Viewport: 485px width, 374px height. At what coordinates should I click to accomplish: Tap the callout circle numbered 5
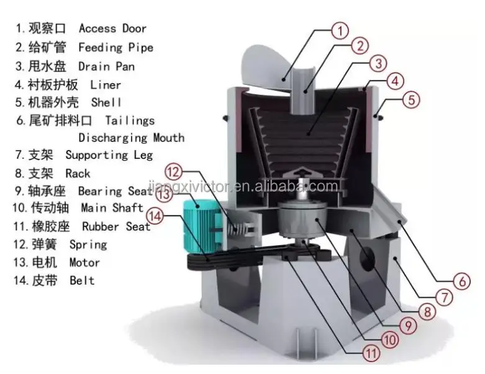click(413, 99)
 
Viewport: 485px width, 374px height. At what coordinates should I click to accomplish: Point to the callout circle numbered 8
click(426, 311)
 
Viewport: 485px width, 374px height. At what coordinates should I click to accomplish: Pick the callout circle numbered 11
click(370, 354)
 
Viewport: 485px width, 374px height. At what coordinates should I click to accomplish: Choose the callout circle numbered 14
click(155, 217)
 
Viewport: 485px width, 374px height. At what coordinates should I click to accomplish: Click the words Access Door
click(112, 29)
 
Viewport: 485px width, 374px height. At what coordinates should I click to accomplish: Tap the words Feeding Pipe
click(116, 47)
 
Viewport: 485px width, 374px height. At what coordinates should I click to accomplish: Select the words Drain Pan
click(106, 66)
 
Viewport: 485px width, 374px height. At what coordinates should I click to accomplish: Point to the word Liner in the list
click(106, 84)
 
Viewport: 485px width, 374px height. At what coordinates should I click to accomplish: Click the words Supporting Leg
click(109, 154)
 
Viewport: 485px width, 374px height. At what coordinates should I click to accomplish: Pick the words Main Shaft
click(112, 208)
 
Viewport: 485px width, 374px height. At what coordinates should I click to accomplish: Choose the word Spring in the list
click(88, 244)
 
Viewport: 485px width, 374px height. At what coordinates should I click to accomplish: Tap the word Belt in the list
click(82, 280)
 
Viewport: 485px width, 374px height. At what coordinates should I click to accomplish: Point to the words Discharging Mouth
click(131, 137)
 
